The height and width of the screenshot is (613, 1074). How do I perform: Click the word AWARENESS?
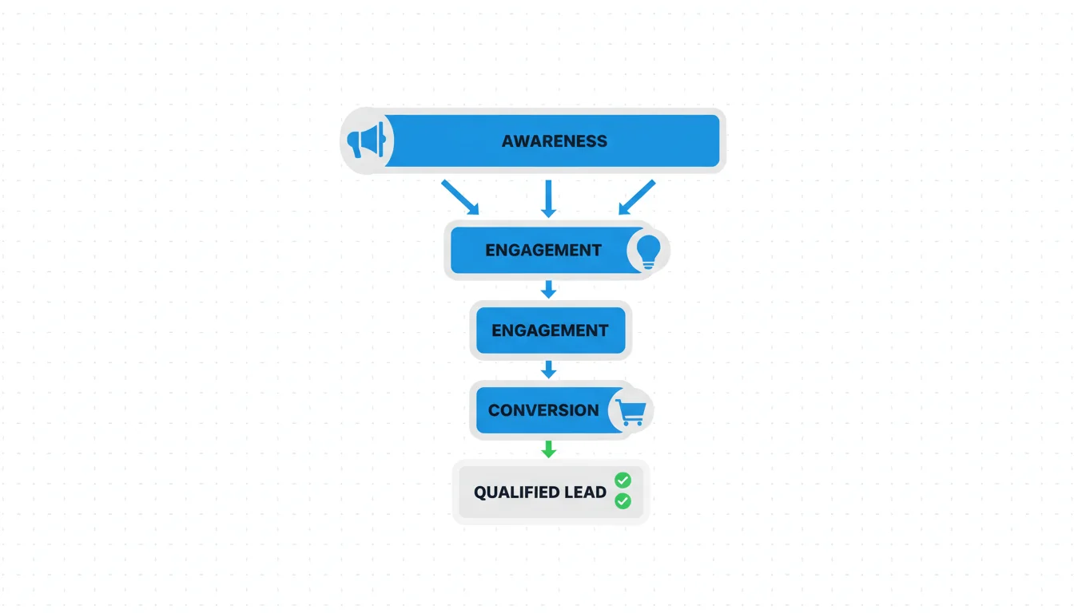coord(554,141)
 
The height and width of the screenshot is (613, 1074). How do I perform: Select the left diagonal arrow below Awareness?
coord(460,197)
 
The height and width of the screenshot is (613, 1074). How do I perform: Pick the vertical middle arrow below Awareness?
coord(548,198)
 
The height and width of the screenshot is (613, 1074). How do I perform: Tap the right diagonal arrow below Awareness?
coord(636,197)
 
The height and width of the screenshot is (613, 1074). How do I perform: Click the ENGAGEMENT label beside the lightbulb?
coord(543,250)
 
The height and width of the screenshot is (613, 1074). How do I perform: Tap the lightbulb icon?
coord(648,251)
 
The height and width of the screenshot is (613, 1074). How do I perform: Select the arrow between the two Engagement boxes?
coord(548,289)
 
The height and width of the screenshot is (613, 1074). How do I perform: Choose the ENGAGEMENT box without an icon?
coord(550,330)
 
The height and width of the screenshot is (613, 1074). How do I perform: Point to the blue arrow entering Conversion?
coord(548,369)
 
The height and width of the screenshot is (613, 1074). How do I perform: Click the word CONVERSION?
coord(543,410)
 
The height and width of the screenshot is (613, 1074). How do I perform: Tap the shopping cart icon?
coord(630,412)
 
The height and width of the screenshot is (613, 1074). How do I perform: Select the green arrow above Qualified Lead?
coord(548,449)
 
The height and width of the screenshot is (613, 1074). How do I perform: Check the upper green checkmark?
coord(623,480)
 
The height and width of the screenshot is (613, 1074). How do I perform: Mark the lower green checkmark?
coord(623,501)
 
